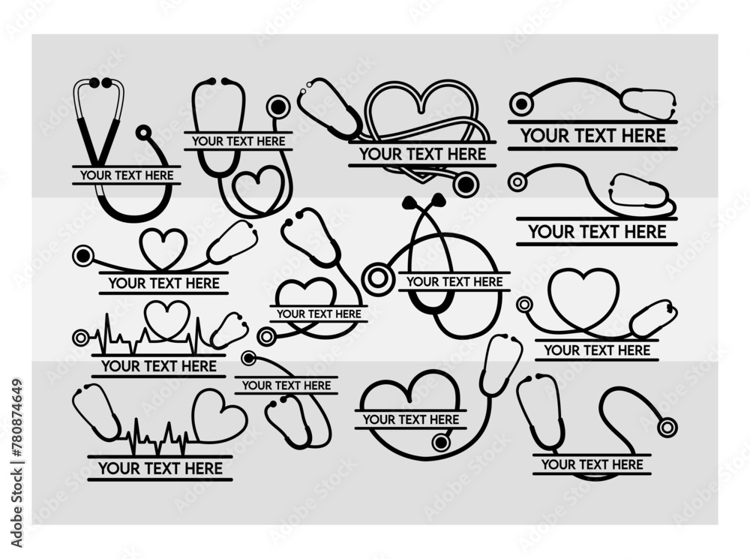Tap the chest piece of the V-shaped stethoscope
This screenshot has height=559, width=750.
pos(142,133)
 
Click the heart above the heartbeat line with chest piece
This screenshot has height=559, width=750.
pos(166,319)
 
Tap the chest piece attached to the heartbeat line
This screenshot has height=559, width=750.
pos(80,338)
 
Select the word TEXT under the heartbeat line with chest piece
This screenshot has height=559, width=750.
pos(158,366)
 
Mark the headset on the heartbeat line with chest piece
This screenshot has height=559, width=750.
pos(229,330)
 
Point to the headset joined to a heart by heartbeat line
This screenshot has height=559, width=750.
pos(96,411)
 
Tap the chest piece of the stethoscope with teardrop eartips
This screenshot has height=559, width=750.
pos(377,280)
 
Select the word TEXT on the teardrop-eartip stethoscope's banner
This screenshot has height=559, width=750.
pos(454,282)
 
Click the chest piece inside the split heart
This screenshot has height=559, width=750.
pos(442,443)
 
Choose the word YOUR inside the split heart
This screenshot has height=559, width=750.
pos(379,419)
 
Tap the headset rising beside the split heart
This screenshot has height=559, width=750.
pos(501,365)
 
